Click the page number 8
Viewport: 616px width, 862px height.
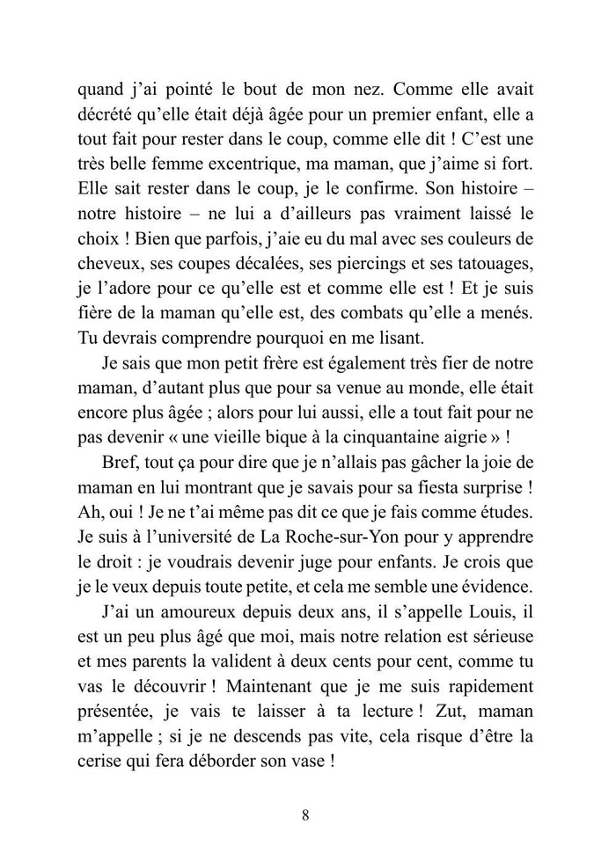pyautogui.click(x=304, y=814)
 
